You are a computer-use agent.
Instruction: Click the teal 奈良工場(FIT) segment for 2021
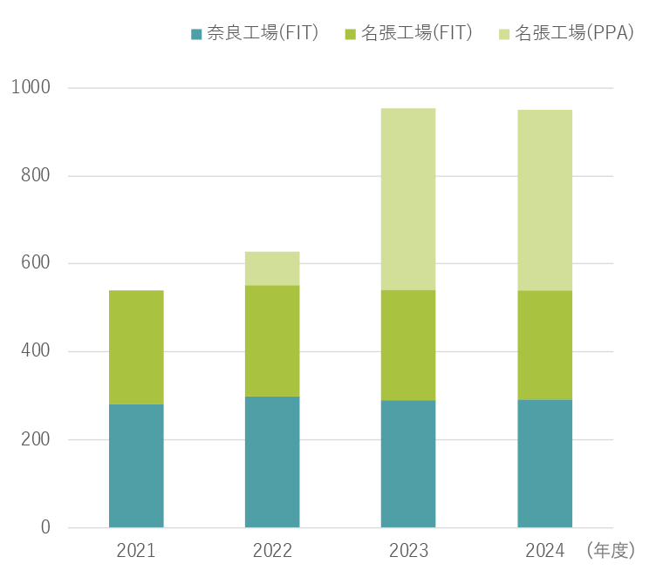[x=136, y=465]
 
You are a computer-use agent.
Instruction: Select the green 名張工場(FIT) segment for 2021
[x=136, y=347]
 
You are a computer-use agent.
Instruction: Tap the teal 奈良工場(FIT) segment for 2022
[x=272, y=462]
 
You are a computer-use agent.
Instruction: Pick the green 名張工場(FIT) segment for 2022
[x=272, y=341]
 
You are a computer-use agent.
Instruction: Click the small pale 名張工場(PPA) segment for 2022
[x=272, y=268]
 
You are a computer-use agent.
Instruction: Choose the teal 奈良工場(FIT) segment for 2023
[x=408, y=464]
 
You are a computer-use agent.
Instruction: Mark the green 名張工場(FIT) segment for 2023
[x=408, y=345]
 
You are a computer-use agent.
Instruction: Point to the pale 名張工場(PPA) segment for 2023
[x=408, y=199]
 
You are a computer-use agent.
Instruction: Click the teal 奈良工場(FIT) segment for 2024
[x=544, y=464]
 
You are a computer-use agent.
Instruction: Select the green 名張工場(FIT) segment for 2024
[x=544, y=345]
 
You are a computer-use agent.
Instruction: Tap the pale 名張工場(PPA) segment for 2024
[x=544, y=200]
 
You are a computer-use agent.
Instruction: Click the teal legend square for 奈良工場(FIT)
[x=196, y=34]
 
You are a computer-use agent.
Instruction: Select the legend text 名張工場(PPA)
[x=574, y=33]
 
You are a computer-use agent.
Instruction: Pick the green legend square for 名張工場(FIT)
[x=351, y=34]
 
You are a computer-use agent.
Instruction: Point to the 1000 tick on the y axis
[x=31, y=88]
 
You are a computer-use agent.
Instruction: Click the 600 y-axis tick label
[x=36, y=264]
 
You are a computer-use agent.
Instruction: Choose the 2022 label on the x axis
[x=272, y=551]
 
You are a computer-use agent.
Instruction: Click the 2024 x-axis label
[x=544, y=551]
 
